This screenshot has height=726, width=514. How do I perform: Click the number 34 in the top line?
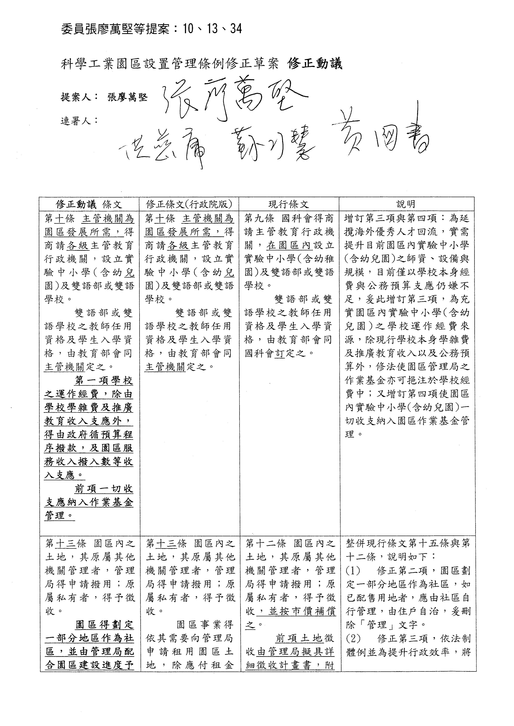click(236, 29)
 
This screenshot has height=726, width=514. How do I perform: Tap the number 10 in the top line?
click(187, 29)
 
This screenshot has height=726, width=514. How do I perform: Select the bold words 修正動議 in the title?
click(315, 64)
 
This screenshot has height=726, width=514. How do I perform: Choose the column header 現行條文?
click(289, 204)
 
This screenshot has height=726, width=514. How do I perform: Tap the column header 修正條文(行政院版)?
click(189, 204)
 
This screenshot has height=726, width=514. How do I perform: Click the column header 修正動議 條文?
click(89, 204)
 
